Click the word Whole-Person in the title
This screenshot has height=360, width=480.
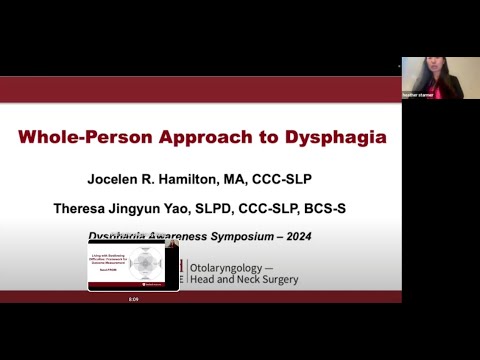[89, 137]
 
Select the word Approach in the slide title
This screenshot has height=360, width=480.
[212, 137]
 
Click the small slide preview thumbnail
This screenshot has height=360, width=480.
[133, 265]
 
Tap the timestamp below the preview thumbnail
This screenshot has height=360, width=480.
[133, 298]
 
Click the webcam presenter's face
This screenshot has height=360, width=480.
[436, 72]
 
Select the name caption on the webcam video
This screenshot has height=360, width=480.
[418, 94]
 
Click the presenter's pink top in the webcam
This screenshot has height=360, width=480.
[444, 90]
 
